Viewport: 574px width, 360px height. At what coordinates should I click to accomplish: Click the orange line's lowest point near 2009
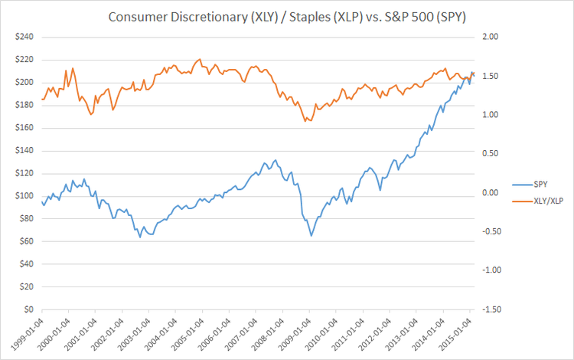tap(306, 121)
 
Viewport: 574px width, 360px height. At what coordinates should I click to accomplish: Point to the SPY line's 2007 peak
tap(275, 160)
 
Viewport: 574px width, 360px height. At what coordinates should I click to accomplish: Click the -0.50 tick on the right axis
tap(488, 231)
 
